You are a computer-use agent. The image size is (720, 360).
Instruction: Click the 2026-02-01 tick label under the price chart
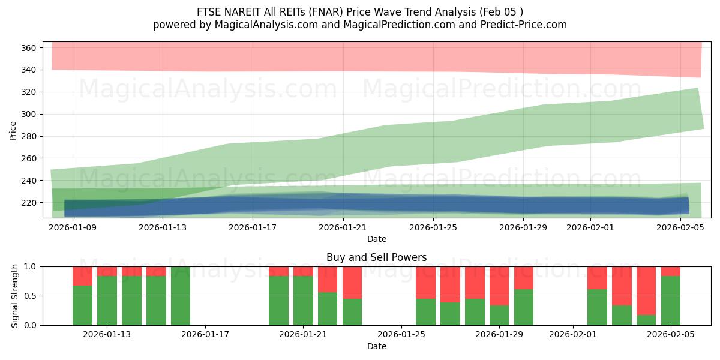[x=590, y=228]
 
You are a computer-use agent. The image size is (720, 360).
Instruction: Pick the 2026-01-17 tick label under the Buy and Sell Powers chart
[x=205, y=335]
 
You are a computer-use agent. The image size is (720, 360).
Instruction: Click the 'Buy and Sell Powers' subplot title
[x=376, y=258]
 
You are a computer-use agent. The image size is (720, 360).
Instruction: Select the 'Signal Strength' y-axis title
[x=14, y=296]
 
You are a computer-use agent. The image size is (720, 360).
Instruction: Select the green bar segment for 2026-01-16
[x=181, y=296]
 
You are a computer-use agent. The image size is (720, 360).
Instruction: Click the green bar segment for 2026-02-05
[x=671, y=301]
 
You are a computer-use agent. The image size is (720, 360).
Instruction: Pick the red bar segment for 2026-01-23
[x=352, y=282]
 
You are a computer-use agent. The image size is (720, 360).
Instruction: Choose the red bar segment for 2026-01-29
[x=499, y=286]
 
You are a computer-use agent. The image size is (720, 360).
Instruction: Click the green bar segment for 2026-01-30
[x=524, y=307]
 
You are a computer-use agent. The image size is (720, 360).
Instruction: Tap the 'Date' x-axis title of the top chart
[x=376, y=239]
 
